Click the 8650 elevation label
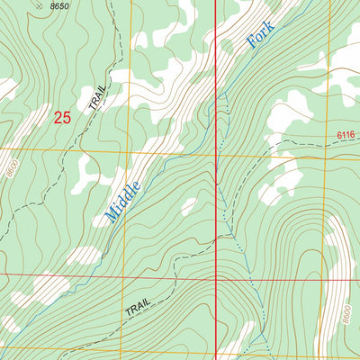coord(59,7)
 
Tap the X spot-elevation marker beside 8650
coord(38,5)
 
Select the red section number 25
coord(61,117)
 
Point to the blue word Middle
coord(122,198)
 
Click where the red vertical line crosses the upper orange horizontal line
coord(216,152)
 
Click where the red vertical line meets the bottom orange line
coord(216,353)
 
